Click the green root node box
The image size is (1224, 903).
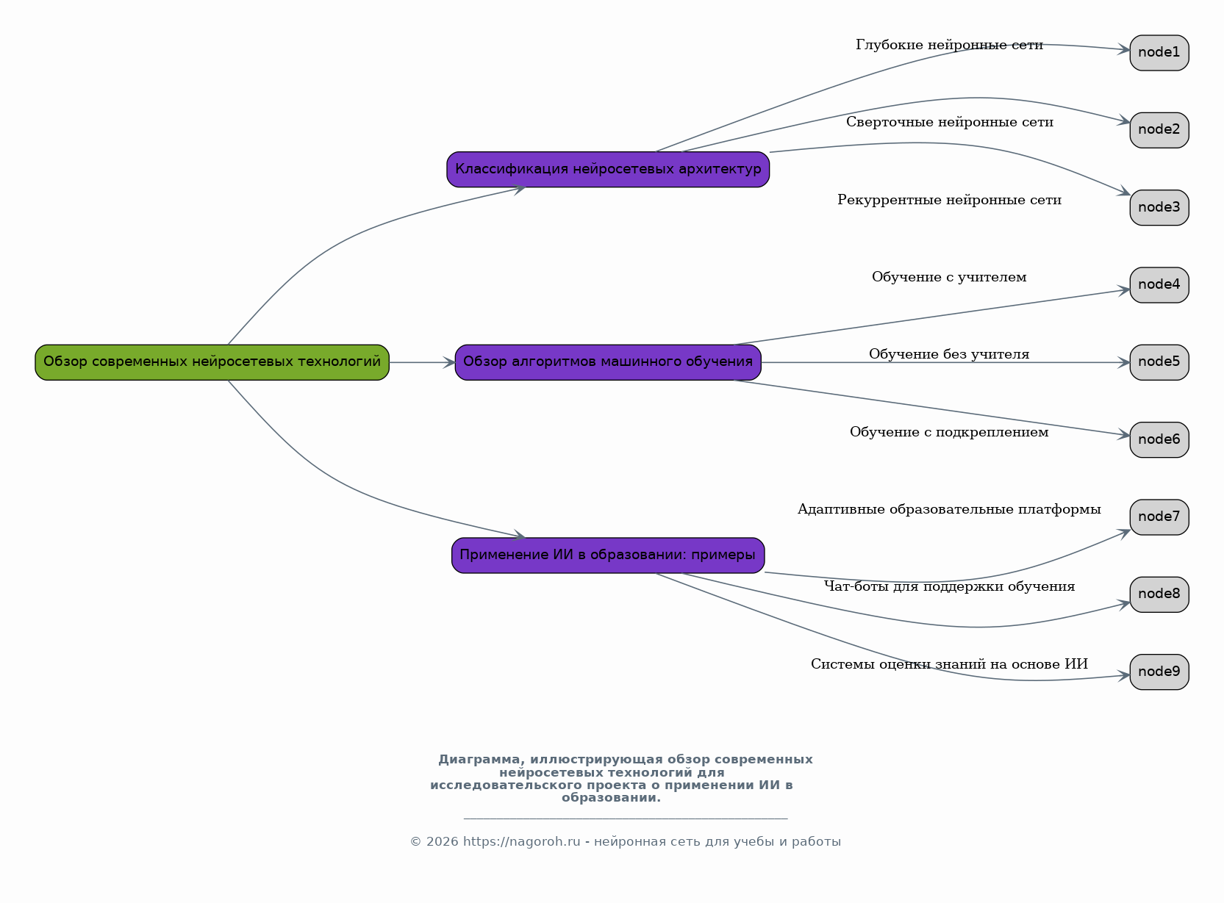(x=212, y=362)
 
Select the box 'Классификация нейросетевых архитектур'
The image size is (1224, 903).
(x=607, y=169)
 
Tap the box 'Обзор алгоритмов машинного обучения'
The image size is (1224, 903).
(x=607, y=362)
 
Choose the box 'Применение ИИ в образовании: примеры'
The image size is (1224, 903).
(x=607, y=555)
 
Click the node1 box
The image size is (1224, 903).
(x=1159, y=53)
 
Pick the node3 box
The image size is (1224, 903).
(x=1159, y=207)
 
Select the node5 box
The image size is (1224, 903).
(x=1159, y=362)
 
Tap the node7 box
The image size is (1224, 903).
(x=1159, y=517)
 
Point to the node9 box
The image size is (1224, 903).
(x=1159, y=672)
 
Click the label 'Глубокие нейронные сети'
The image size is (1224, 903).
(x=949, y=45)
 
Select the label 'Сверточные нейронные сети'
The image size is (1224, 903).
(x=949, y=122)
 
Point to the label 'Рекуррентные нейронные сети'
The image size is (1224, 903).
(x=949, y=200)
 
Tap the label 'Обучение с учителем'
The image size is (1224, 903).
(x=949, y=277)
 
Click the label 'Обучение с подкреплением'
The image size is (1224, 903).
(x=949, y=432)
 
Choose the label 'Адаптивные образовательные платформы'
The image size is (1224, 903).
(x=949, y=509)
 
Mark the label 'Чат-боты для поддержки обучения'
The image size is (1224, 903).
(x=949, y=586)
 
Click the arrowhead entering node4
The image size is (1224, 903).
(x=1123, y=291)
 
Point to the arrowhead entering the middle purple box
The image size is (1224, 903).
(x=448, y=362)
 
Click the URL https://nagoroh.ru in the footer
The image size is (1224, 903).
(x=521, y=841)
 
